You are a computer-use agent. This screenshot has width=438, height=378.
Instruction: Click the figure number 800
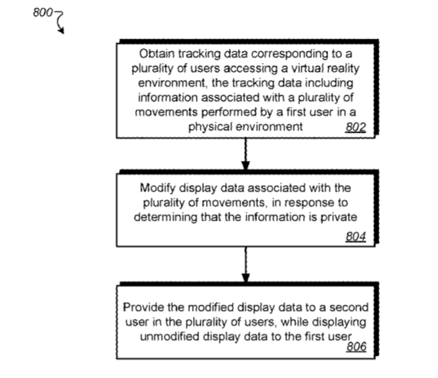click(43, 12)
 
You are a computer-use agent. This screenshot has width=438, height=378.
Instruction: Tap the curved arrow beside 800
click(60, 21)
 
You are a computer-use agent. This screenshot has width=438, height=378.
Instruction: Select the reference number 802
click(356, 128)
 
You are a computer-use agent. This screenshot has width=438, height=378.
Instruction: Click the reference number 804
click(356, 237)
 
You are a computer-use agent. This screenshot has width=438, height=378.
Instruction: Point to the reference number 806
click(356, 347)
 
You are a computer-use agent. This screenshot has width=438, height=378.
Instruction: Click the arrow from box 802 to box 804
click(246, 153)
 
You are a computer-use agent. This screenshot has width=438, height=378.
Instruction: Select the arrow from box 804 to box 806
click(246, 264)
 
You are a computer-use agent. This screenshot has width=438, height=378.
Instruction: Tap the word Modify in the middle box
click(157, 189)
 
